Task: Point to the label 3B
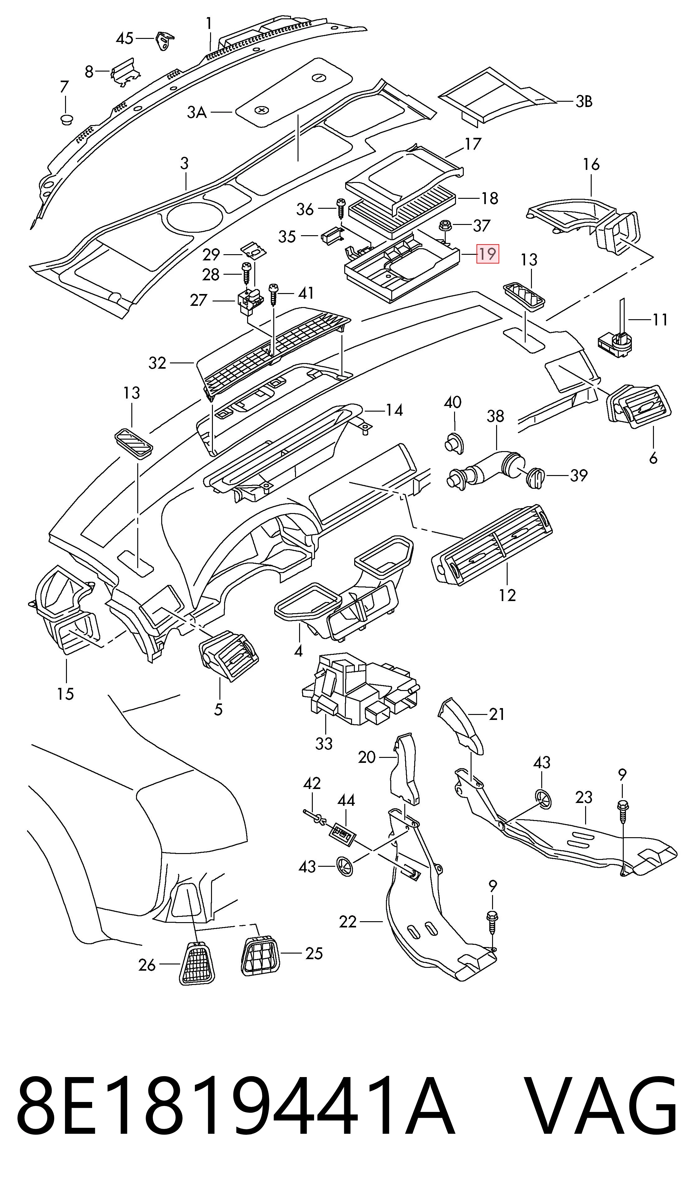[x=583, y=102]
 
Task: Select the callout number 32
[x=157, y=363]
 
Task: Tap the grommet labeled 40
[x=455, y=442]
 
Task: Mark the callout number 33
[x=324, y=744]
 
